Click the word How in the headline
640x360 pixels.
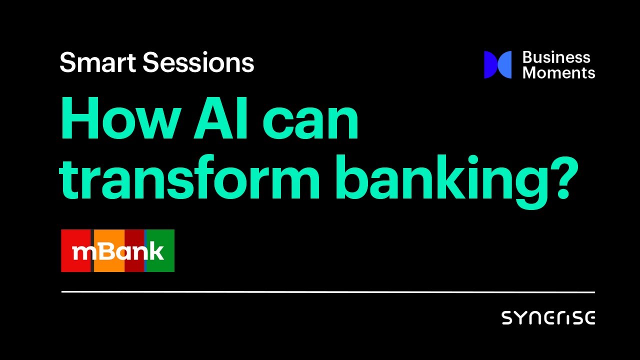tap(115, 120)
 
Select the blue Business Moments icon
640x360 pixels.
tap(497, 65)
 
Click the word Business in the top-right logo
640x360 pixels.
tap(556, 57)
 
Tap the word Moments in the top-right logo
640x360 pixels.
tap(558, 73)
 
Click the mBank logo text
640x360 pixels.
tap(118, 251)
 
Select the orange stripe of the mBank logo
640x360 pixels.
tap(108, 237)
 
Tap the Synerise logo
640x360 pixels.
tap(548, 318)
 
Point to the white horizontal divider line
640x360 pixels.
tap(328, 291)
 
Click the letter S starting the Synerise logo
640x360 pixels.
tap(506, 318)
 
